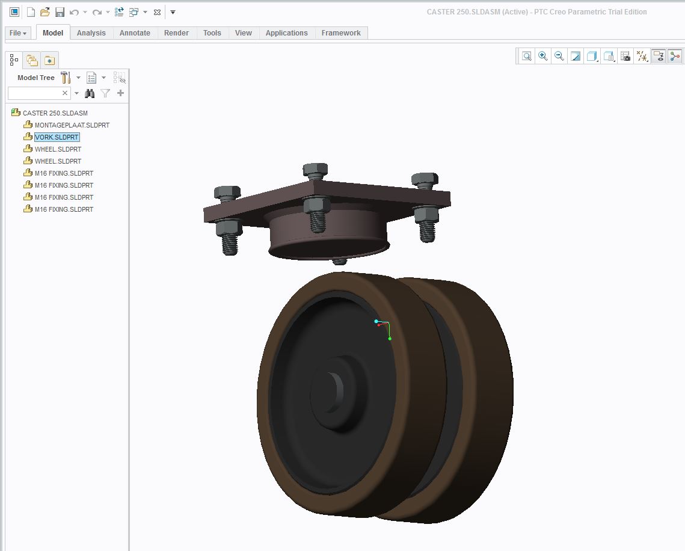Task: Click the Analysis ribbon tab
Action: (91, 32)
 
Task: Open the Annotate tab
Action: (135, 32)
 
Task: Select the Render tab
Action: (176, 32)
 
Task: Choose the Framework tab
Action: (341, 32)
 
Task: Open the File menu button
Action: (18, 32)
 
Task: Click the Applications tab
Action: (287, 32)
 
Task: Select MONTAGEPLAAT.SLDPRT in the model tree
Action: (72, 125)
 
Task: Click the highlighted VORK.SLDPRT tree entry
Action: (57, 137)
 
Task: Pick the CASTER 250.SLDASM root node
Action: (55, 112)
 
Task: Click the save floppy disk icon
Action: (60, 12)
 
